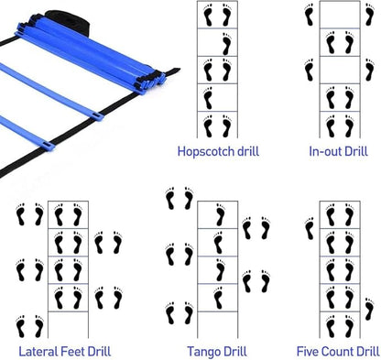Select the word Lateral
[38, 350]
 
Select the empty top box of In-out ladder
[339, 15]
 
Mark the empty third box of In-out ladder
[339, 71]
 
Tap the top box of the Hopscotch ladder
[218, 16]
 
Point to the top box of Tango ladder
[218, 213]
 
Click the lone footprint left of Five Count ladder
[310, 224]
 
